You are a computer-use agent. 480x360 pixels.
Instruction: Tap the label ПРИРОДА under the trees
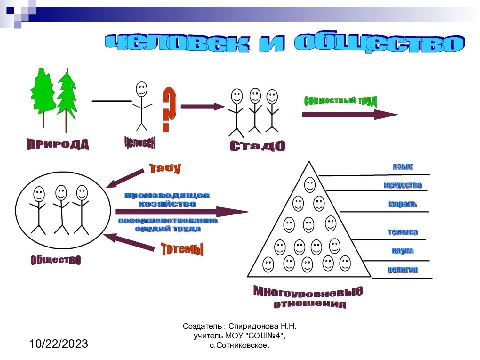pyautogui.click(x=58, y=145)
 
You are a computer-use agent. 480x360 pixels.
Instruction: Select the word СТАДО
pyautogui.click(x=257, y=146)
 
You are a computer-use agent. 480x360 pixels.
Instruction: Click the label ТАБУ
pyautogui.click(x=165, y=168)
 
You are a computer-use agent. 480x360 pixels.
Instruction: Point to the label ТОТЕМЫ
pyautogui.click(x=182, y=249)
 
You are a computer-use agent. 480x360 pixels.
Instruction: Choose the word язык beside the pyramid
pyautogui.click(x=402, y=167)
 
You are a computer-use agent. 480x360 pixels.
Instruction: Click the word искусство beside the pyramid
pyautogui.click(x=403, y=185)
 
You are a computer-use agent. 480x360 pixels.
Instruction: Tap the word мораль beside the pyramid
pyautogui.click(x=402, y=204)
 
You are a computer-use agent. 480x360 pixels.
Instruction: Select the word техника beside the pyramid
pyautogui.click(x=403, y=232)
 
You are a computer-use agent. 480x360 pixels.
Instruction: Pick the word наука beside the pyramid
pyautogui.click(x=402, y=251)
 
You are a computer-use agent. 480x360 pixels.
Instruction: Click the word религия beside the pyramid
pyautogui.click(x=403, y=270)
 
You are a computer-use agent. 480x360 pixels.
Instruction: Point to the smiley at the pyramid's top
pyautogui.click(x=310, y=185)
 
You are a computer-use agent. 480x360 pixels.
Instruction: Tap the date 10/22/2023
pyautogui.click(x=59, y=344)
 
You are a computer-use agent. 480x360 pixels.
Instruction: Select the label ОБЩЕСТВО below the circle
pyautogui.click(x=56, y=260)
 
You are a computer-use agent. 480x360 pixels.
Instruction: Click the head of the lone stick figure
pyautogui.click(x=142, y=90)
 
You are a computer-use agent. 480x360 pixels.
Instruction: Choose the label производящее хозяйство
pyautogui.click(x=167, y=200)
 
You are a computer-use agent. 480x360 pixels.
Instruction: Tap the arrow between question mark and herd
pyautogui.click(x=203, y=106)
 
